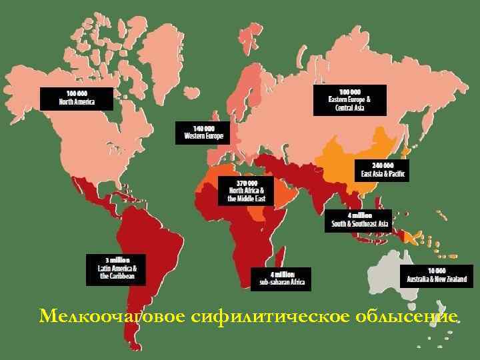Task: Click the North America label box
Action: click(x=77, y=98)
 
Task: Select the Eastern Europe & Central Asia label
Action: click(x=349, y=100)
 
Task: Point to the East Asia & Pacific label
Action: click(x=382, y=170)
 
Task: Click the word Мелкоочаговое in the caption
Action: click(x=107, y=315)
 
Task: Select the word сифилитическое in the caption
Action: click(x=249, y=315)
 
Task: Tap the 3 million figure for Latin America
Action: click(x=116, y=259)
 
